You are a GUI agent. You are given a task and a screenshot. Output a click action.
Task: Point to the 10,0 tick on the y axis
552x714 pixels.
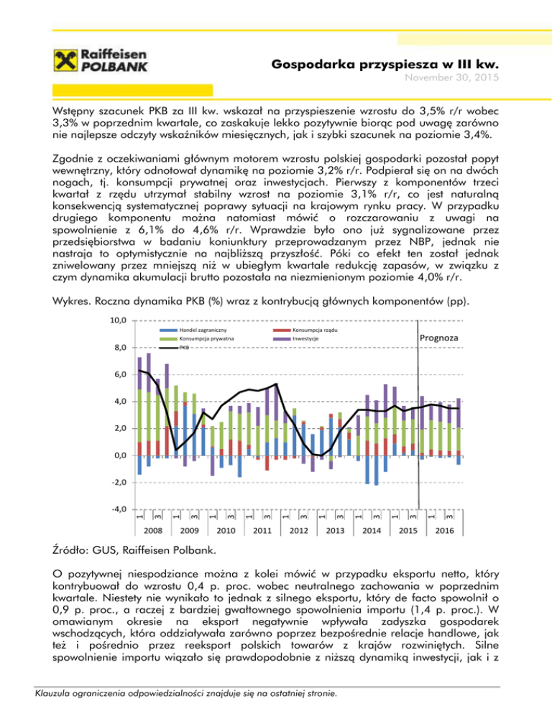pyautogui.click(x=119, y=320)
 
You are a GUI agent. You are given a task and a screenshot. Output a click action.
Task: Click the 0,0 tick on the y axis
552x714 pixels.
pyautogui.click(x=119, y=455)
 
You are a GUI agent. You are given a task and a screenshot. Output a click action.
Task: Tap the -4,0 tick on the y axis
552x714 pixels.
pyautogui.click(x=119, y=509)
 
